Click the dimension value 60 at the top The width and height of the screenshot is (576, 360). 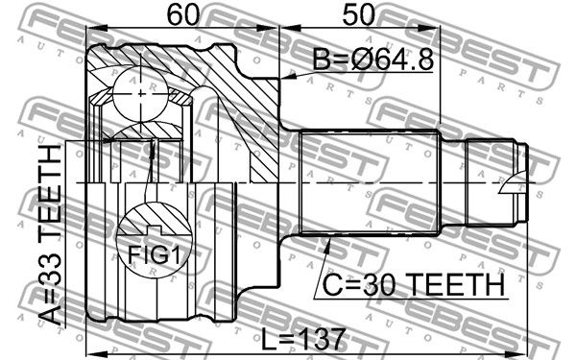pyautogui.click(x=182, y=14)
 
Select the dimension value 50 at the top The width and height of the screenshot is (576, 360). pyautogui.click(x=358, y=14)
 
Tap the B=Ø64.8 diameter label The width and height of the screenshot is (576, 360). pyautogui.click(x=372, y=59)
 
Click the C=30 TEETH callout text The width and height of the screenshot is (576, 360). pyautogui.click(x=413, y=285)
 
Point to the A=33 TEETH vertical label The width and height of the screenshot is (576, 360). pyautogui.click(x=51, y=235)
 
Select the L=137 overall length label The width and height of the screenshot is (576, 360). pyautogui.click(x=303, y=338)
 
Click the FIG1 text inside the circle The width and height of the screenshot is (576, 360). pyautogui.click(x=155, y=254)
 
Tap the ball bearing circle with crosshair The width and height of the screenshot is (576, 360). pyautogui.click(x=141, y=94)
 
